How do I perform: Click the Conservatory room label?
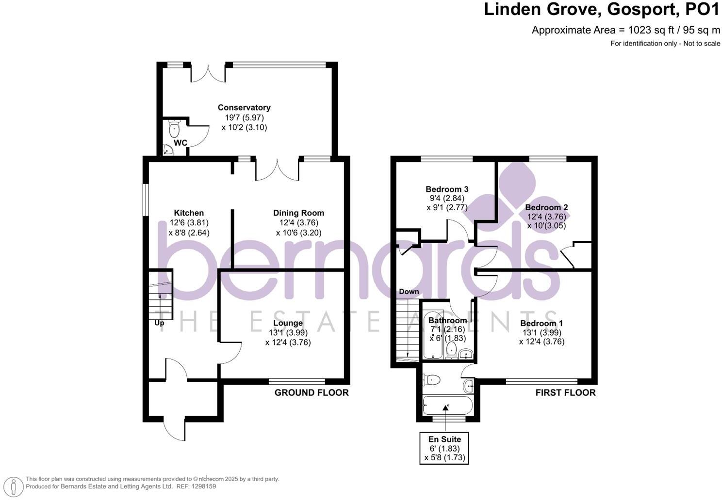tap(244, 108)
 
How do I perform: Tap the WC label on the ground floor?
tap(180, 143)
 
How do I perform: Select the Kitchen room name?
tap(189, 213)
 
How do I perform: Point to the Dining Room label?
tap(298, 213)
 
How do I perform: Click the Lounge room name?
tap(288, 323)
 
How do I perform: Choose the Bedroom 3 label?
tap(447, 189)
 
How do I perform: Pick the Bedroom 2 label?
tap(546, 207)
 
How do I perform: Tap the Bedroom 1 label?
tap(541, 323)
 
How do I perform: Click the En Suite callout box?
tap(444, 448)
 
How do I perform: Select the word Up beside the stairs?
tap(159, 323)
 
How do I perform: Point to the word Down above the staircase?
tap(409, 292)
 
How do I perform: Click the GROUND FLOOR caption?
tap(312, 392)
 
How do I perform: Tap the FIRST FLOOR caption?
tap(566, 392)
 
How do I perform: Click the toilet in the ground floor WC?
tap(174, 128)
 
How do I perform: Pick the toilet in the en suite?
tap(431, 380)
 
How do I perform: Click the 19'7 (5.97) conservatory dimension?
tap(245, 117)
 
